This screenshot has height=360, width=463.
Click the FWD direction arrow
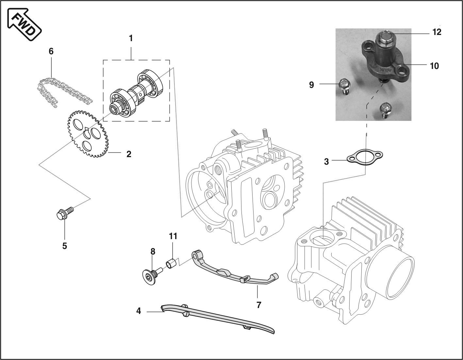tap(24, 24)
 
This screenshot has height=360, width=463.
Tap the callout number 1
tap(131, 38)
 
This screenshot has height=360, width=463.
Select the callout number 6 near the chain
tap(51, 51)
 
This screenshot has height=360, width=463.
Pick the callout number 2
tap(129, 154)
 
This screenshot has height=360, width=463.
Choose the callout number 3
tap(326, 162)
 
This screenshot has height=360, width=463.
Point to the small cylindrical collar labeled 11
tap(171, 263)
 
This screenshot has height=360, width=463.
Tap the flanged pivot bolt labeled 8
tap(152, 276)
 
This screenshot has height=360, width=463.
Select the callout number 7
tap(259, 305)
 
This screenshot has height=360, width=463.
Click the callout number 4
tap(139, 311)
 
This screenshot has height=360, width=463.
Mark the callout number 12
tap(437, 32)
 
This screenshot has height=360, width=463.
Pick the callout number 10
tap(435, 66)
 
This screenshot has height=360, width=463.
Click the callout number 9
tap(311, 85)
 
